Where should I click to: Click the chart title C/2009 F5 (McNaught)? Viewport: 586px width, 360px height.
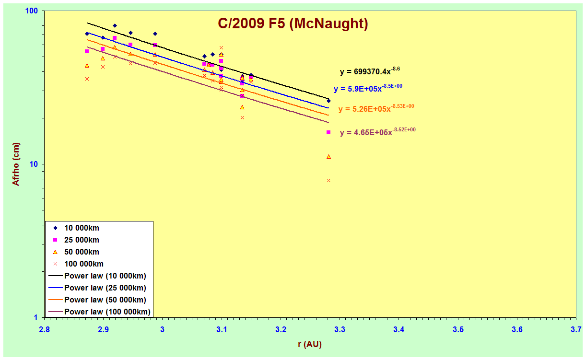click(293, 23)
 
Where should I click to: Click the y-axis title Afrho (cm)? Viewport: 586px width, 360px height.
click(16, 164)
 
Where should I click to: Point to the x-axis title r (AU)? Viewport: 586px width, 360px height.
click(310, 344)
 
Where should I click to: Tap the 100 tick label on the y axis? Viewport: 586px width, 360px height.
click(31, 11)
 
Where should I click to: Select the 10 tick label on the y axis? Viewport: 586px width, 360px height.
click(34, 164)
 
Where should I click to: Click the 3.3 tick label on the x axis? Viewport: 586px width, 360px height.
click(340, 329)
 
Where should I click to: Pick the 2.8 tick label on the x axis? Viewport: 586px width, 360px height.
click(44, 329)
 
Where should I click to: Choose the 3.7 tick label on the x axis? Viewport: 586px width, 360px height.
click(576, 329)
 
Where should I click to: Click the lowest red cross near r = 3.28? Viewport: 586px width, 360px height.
click(328, 180)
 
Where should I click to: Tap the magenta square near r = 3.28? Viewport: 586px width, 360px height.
click(328, 132)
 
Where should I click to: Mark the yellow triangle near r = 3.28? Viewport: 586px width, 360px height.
click(328, 157)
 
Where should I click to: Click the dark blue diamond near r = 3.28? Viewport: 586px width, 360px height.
click(328, 101)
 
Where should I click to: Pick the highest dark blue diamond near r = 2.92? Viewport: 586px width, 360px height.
click(115, 25)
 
